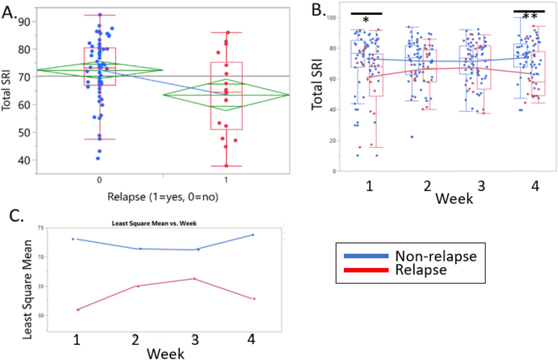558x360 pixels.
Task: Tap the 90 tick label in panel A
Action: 24,22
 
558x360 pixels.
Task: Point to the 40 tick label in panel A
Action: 24,160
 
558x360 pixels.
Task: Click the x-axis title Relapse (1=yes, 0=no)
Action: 163,197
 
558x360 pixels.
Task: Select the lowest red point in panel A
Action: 226,166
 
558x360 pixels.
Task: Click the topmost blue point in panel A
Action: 100,15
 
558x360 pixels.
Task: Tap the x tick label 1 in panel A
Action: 226,180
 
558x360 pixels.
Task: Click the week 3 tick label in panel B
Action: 481,186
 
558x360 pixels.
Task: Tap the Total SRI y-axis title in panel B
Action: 317,85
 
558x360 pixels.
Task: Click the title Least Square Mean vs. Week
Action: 154,223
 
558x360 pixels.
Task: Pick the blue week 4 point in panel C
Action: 253,235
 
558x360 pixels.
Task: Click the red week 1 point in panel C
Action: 78,310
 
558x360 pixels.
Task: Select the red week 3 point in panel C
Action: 195,279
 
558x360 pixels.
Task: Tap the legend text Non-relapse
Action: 436,256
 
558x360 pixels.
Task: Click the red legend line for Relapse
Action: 366,270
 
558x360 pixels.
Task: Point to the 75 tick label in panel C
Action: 40,228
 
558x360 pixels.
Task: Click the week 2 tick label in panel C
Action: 136,340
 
